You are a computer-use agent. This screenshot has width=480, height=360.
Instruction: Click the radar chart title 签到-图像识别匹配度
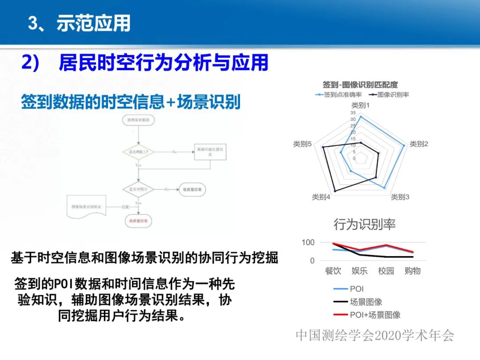point(360,84)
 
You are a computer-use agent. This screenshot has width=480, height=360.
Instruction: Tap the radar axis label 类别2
point(419,144)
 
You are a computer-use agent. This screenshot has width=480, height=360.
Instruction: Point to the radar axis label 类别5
point(302,144)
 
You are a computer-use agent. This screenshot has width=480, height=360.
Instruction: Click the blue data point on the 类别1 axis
point(361,117)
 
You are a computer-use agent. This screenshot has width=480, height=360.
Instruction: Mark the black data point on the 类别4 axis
point(335,191)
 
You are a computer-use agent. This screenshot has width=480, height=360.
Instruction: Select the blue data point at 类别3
point(384,188)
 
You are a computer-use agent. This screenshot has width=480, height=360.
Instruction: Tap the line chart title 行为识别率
point(364,224)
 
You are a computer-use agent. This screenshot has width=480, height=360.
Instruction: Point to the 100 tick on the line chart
point(308,243)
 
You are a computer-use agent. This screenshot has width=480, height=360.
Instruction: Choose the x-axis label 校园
point(386,271)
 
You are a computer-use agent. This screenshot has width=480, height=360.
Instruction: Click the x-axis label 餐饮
point(333,271)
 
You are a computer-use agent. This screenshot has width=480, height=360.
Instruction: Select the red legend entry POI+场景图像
point(375,315)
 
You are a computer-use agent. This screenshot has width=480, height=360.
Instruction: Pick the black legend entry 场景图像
point(366,302)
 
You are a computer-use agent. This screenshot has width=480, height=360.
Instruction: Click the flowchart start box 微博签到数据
point(139,120)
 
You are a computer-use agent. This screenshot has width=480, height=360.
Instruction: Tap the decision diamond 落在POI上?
point(139,152)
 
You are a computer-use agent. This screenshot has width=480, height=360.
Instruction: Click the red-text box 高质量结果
point(139,220)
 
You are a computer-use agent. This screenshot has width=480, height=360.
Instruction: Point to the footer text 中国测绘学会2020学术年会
point(375,336)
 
